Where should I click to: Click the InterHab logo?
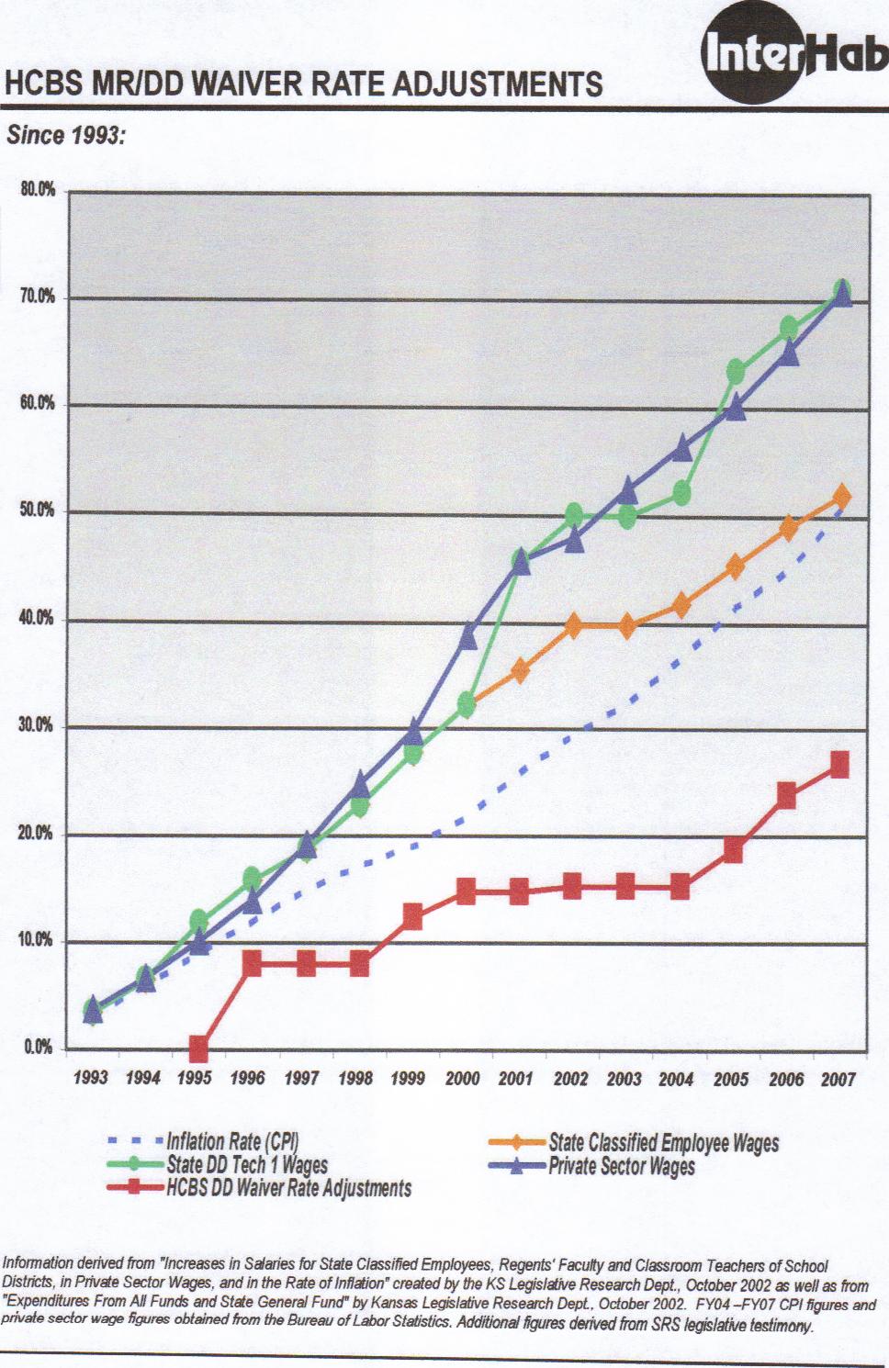794,57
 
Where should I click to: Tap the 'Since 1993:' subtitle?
65,136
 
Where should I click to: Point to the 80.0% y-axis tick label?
38,191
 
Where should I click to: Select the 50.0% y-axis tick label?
38,510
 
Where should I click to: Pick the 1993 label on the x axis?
90,1079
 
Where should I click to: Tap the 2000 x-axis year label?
462,1079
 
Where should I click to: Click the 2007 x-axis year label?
838,1079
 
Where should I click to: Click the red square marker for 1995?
197,1048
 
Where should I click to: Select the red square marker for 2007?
839,764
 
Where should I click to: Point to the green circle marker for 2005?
736,372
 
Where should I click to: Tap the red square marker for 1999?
412,916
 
